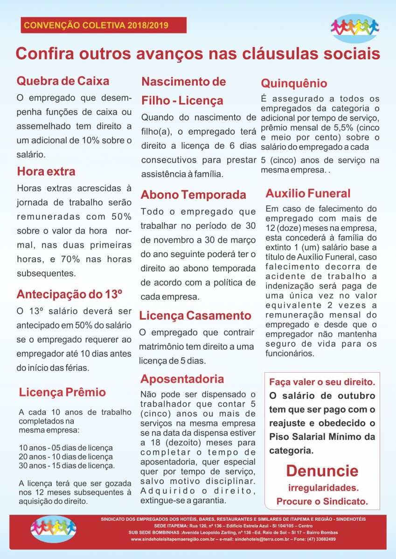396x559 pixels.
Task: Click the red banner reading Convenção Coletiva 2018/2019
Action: [103, 25]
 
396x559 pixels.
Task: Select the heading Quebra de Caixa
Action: [63, 81]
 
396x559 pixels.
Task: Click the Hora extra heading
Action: [46, 171]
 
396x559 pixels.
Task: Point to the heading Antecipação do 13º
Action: [69, 294]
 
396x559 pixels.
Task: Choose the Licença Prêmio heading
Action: [63, 392]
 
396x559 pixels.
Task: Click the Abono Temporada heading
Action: [194, 194]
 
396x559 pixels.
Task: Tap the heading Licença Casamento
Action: [195, 315]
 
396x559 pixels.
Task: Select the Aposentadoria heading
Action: [182, 379]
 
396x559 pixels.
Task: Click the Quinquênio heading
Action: [294, 84]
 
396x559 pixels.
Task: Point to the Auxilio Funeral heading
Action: [308, 193]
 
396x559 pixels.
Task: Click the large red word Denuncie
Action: [322, 470]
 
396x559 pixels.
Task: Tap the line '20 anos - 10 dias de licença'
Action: [66, 457]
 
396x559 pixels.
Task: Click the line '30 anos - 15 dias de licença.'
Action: [67, 465]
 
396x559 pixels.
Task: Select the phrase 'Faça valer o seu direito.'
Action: [322, 382]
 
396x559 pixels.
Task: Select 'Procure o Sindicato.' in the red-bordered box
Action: [322, 502]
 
